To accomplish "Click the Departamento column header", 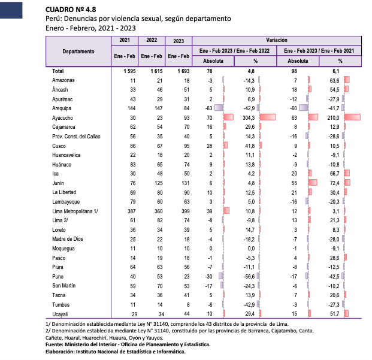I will coord(78,52).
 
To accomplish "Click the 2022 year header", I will coord(152,40).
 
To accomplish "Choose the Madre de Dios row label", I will coord(66,240).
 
